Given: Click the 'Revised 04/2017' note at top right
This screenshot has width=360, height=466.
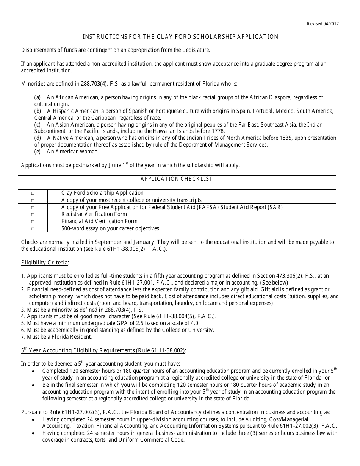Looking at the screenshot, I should coord(323,24).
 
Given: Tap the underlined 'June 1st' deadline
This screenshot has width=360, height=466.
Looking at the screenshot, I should coord(118,165).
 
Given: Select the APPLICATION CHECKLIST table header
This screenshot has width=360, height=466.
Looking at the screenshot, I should coord(177,179).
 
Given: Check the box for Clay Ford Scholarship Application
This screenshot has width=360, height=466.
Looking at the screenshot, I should coord(33,193).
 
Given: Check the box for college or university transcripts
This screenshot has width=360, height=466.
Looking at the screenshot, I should coord(33,200).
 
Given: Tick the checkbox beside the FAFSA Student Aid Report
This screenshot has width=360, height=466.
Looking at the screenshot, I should coord(33,208).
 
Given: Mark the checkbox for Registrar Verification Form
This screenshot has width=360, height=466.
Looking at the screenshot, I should coord(33,214).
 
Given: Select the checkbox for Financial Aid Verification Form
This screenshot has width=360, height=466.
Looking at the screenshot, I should coord(33,222).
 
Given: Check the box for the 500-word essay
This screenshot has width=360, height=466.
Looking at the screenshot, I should coord(33,229).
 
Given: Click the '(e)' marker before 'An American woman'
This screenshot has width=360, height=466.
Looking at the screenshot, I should coord(38,152).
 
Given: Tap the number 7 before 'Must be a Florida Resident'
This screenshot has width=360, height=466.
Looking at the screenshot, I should coord(23,337).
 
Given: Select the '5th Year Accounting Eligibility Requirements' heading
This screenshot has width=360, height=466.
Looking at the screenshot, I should coord(103,351).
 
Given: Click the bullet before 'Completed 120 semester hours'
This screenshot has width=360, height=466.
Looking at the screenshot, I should coord(35,371).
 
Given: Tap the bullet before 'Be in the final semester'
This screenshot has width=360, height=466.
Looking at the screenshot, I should coord(35,385).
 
